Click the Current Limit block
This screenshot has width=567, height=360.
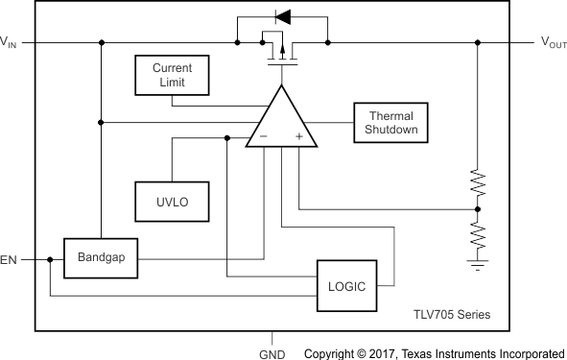pos(172,76)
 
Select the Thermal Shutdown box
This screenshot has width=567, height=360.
pos(390,122)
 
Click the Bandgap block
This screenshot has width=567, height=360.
pos(101,257)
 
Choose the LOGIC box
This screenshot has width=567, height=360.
pos(346,285)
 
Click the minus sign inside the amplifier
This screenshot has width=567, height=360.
pos(262,137)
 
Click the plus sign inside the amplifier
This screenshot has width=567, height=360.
pos(299,137)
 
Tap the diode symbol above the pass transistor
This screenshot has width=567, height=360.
pos(281,15)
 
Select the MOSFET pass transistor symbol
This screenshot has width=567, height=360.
pos(280,51)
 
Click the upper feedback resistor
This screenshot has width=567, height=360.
pos(477,181)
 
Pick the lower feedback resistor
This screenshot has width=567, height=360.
pos(477,231)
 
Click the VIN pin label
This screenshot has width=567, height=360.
pos(8,42)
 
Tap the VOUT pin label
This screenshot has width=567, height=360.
pos(553,42)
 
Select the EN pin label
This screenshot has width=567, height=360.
pos(9,259)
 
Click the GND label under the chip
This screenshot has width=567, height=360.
pos(273,353)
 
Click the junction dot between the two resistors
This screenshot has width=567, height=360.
pos(477,207)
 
